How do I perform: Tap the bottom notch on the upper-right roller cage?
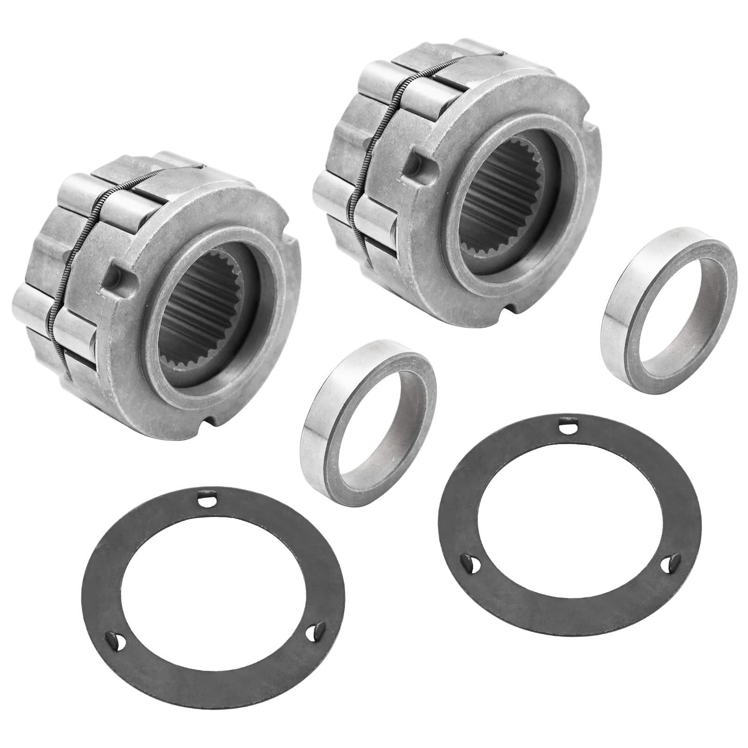tap(517, 307)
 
